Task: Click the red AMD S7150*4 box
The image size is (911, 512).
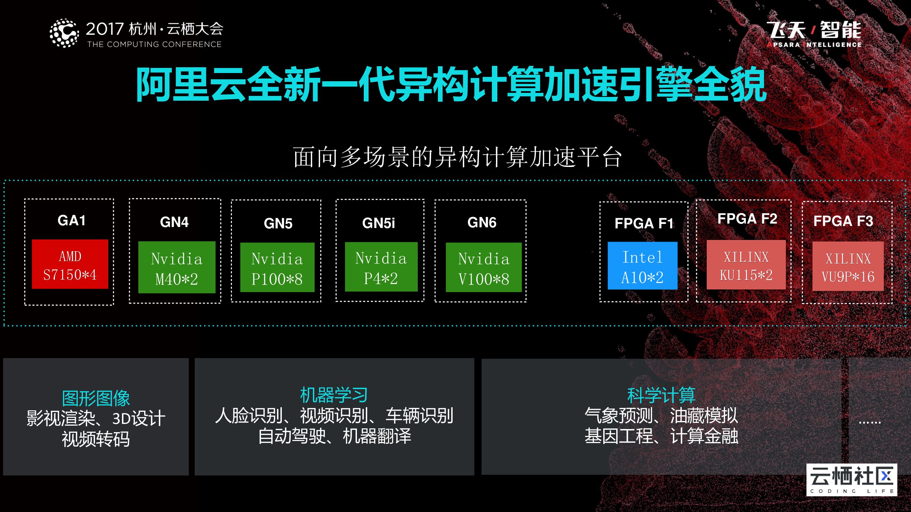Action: click(70, 264)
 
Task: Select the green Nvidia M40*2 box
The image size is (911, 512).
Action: click(177, 267)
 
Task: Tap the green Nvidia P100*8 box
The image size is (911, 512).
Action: click(277, 267)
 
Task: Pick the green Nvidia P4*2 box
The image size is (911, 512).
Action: click(381, 267)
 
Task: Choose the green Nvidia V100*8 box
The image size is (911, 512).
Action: click(483, 267)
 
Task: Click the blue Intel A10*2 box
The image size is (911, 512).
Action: click(642, 266)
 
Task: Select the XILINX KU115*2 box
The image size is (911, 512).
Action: click(746, 265)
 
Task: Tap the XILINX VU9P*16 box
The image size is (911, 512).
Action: click(848, 267)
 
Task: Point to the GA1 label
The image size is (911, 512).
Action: click(71, 221)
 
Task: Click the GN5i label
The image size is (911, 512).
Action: click(378, 223)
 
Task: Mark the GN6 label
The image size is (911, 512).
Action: click(482, 223)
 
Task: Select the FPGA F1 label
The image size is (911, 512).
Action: click(644, 223)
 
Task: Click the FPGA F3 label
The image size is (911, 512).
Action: click(843, 221)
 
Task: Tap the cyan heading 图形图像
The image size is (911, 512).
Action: click(96, 399)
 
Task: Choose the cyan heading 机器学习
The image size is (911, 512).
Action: click(334, 395)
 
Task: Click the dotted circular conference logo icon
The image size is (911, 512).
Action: click(64, 33)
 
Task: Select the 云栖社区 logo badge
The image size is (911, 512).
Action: click(852, 480)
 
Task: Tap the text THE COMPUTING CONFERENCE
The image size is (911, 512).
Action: click(154, 44)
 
